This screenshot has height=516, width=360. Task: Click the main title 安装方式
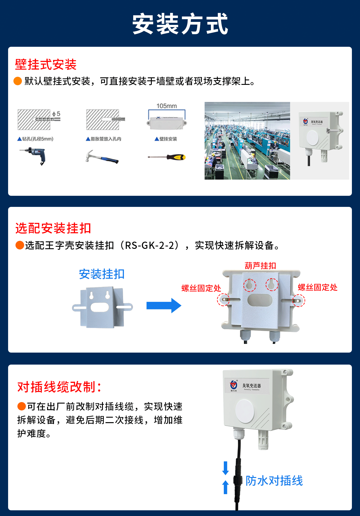pos(180,24)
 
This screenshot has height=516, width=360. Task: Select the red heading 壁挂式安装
pos(46,64)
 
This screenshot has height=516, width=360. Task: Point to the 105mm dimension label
pos(166,106)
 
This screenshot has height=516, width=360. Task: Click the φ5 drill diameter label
pos(56,114)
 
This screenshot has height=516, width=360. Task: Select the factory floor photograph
pos(247,141)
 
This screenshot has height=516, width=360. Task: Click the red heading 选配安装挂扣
pos(53,228)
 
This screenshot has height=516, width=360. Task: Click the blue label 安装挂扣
pos(102,274)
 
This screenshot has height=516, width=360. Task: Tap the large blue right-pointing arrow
pos(164,306)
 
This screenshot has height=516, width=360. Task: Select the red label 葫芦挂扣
pos(260,266)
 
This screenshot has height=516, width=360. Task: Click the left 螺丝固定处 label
pos(201,288)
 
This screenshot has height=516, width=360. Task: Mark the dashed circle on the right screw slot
pos(298,300)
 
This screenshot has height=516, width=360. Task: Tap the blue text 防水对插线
pos(274,481)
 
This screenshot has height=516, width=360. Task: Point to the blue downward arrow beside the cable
pos(226,468)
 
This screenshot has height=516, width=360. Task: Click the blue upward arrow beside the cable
pos(226,487)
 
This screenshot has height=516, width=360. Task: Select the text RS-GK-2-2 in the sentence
pos(149,246)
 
